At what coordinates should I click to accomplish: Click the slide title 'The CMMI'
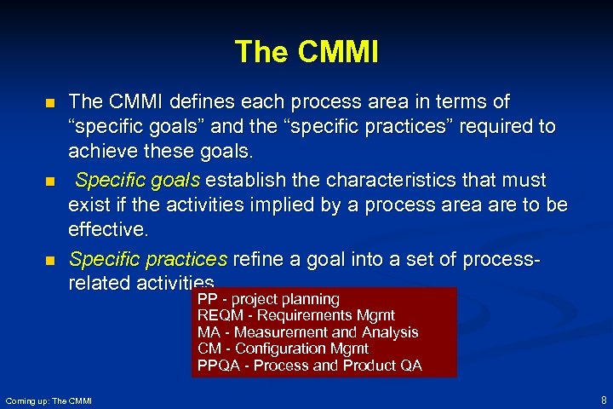pyautogui.click(x=306, y=52)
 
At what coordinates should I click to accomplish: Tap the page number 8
pyautogui.click(x=603, y=400)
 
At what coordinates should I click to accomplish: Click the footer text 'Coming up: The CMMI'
pyautogui.click(x=49, y=400)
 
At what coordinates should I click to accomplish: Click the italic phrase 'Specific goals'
pyautogui.click(x=138, y=181)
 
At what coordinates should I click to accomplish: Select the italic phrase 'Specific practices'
pyautogui.click(x=148, y=258)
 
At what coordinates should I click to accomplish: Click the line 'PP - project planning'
pyautogui.click(x=268, y=299)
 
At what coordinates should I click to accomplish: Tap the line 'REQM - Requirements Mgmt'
pyautogui.click(x=295, y=315)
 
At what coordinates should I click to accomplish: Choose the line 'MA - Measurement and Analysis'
pyautogui.click(x=307, y=332)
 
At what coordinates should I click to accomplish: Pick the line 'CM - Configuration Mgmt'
pyautogui.click(x=283, y=349)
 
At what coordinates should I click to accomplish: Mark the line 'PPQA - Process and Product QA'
pyautogui.click(x=309, y=366)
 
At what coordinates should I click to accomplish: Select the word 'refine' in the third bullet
pyautogui.click(x=257, y=258)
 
